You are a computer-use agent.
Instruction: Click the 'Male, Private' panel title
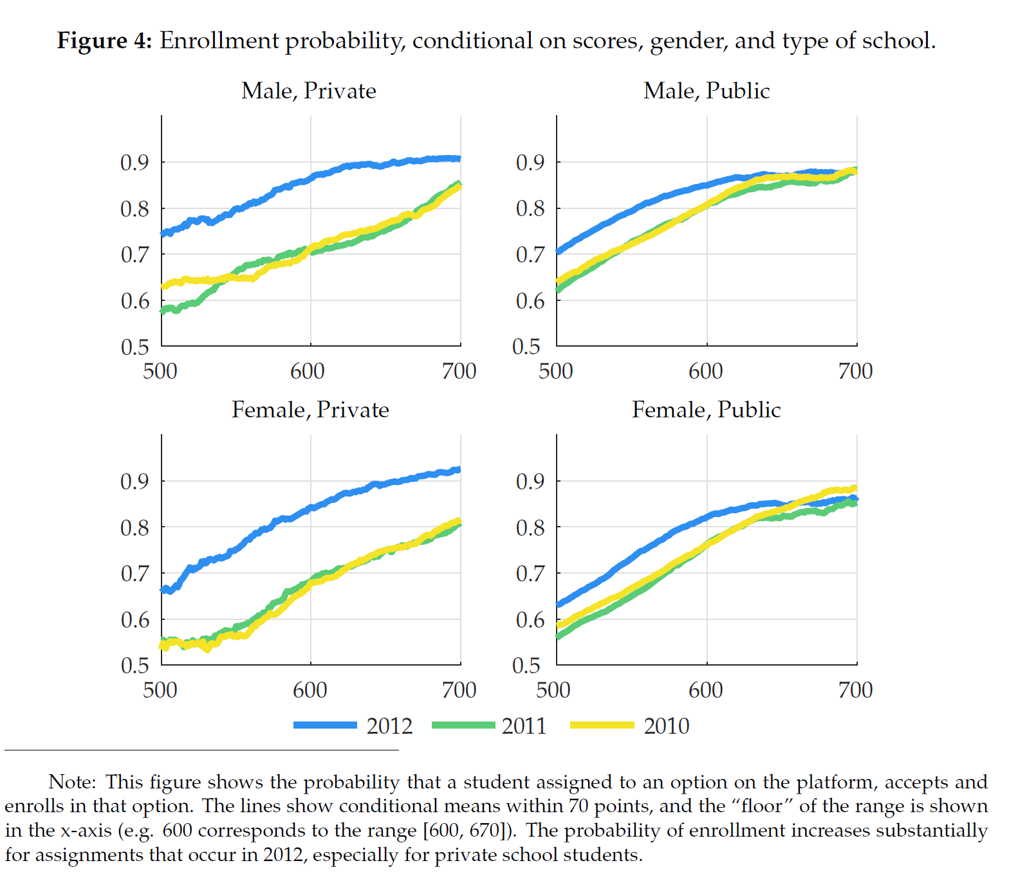[x=308, y=91]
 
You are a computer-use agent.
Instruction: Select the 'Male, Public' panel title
[x=706, y=91]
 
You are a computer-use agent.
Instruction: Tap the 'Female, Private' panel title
[x=310, y=410]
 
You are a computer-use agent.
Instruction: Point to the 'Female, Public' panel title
[x=706, y=410]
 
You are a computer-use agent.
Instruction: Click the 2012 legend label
[x=389, y=726]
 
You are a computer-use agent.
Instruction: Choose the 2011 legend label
[x=524, y=726]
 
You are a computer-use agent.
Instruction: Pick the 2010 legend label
[x=666, y=726]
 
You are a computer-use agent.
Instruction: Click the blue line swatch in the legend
[x=325, y=725]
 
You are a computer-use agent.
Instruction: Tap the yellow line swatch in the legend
[x=602, y=725]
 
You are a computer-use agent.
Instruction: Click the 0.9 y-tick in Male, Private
[x=134, y=163]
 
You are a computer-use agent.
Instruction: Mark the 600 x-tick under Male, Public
[x=706, y=371]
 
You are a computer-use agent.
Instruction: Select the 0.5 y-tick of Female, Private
[x=134, y=665]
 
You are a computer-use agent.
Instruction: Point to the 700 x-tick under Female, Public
[x=855, y=690]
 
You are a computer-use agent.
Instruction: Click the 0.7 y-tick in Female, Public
[x=530, y=574]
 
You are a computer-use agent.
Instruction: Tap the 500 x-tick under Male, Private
[x=160, y=371]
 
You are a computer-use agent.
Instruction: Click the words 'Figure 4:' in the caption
[x=104, y=41]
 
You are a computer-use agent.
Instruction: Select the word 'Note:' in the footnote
[x=72, y=782]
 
